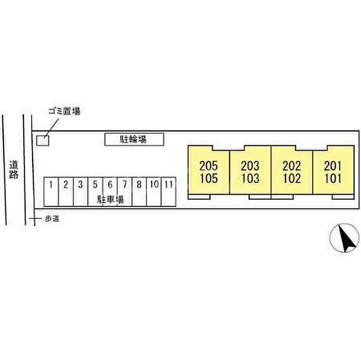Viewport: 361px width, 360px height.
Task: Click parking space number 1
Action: point(52,184)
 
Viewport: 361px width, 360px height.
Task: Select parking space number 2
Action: point(66,184)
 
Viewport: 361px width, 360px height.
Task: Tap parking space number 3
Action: point(80,184)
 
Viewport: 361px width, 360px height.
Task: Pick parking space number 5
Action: point(95,184)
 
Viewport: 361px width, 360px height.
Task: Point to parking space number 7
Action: point(124,184)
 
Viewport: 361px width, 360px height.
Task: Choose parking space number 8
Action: point(139,184)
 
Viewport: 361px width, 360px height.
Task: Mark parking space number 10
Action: point(154,184)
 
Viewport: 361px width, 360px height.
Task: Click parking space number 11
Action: point(168,184)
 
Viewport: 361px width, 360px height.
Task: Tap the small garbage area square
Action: point(43,140)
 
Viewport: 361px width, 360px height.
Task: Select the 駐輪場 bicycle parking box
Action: point(134,139)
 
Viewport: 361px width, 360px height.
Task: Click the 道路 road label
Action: point(14,170)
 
